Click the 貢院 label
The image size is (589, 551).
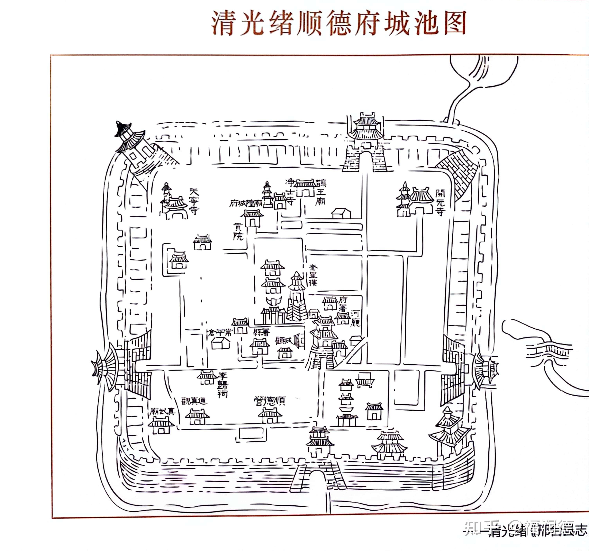click(x=238, y=232)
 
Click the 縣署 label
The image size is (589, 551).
click(x=261, y=332)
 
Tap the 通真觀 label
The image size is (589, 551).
click(x=194, y=401)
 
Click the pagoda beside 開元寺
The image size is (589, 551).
click(x=403, y=200)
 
